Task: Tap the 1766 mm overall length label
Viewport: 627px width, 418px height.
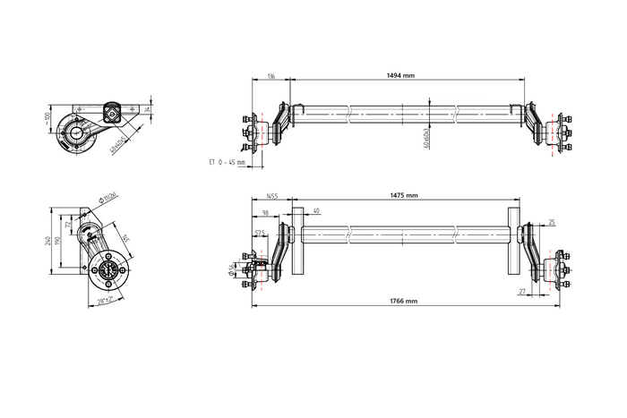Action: (403, 302)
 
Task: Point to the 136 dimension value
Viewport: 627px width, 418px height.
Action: (271, 76)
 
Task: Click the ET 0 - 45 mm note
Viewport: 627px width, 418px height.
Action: (226, 162)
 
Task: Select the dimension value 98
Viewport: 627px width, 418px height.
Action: (266, 212)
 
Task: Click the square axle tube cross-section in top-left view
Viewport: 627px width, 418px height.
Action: (114, 113)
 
